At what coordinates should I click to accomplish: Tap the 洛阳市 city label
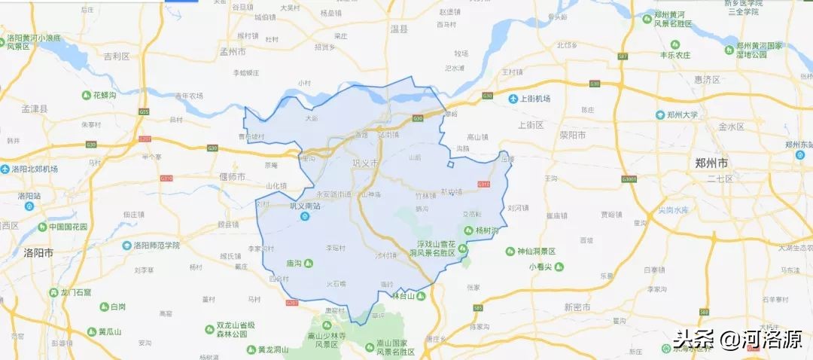pyautogui.click(x=38, y=252)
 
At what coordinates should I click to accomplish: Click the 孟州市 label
pyautogui.click(x=232, y=53)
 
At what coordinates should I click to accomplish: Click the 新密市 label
pyautogui.click(x=577, y=307)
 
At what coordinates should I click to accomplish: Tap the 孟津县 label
pyautogui.click(x=35, y=109)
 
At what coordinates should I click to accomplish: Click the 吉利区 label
pyautogui.click(x=117, y=56)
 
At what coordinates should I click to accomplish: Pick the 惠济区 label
pyautogui.click(x=708, y=79)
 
